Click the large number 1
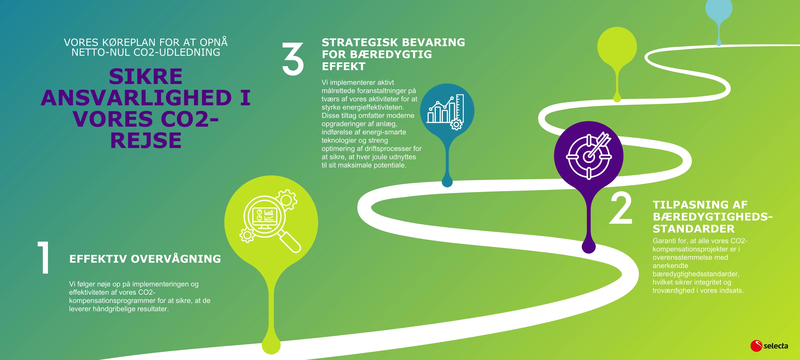click(44, 258)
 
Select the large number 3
click(293, 59)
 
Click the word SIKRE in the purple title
click(146, 77)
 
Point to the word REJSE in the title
click(146, 140)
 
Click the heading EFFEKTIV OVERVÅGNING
click(145, 259)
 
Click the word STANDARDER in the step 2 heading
click(694, 229)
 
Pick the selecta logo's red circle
click(756, 346)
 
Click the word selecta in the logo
click(775, 346)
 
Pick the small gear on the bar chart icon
click(456, 125)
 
